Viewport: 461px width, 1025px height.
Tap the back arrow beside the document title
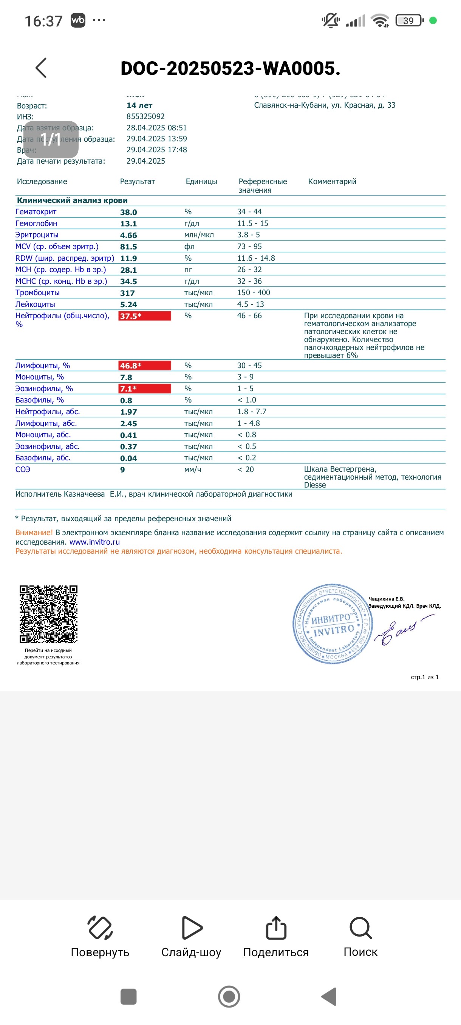(41, 68)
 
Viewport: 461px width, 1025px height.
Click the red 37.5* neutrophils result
(144, 316)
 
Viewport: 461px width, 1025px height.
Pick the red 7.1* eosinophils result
(144, 389)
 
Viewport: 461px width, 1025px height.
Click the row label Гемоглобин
(36, 224)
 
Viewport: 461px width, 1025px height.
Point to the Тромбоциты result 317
(127, 293)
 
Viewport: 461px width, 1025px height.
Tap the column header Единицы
(201, 181)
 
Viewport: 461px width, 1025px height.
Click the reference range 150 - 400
(254, 293)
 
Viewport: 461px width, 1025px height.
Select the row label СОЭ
(23, 469)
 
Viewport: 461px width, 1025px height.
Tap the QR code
(48, 614)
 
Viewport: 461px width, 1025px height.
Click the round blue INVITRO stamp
(333, 624)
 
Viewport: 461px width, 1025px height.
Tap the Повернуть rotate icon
(100, 928)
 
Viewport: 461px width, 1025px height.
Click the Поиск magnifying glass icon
(360, 928)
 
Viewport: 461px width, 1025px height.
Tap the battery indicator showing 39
(409, 21)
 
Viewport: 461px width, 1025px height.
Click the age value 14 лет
(139, 105)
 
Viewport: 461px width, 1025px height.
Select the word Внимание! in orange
(34, 533)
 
